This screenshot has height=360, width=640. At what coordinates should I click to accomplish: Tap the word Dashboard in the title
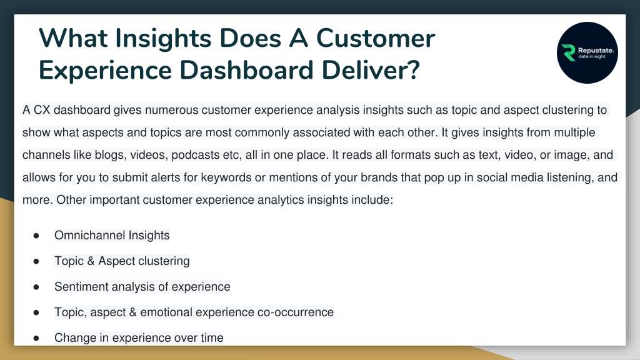click(246, 70)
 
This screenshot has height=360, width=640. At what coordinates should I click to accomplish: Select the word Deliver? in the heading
click(371, 70)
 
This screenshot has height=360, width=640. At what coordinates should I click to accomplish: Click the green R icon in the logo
click(568, 52)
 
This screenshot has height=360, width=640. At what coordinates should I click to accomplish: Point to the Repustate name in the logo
click(596, 50)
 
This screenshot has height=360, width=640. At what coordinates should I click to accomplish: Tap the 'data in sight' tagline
click(592, 57)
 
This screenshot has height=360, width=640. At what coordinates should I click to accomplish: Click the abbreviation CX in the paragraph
click(42, 110)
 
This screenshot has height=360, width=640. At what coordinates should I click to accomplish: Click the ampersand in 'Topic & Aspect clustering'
click(91, 261)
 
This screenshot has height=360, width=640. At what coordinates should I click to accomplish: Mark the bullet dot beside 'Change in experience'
click(36, 338)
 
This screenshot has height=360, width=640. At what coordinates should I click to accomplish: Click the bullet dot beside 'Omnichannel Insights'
click(36, 236)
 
